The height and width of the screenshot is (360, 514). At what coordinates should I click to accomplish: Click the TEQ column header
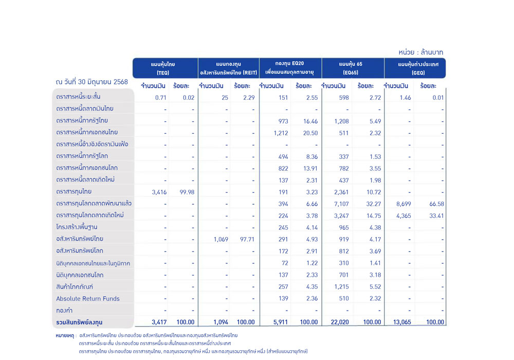(x=163, y=68)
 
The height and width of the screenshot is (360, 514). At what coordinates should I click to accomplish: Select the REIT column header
(x=229, y=68)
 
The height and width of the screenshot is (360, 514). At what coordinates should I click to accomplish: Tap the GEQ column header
(x=418, y=68)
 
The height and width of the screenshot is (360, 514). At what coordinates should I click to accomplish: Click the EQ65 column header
(x=351, y=68)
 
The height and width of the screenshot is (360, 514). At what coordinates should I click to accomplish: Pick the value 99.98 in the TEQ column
(x=187, y=192)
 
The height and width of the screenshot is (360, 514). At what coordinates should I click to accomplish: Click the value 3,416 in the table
(x=159, y=192)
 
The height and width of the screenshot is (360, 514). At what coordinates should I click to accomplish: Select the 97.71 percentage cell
(x=247, y=239)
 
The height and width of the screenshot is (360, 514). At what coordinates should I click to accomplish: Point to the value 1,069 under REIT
(x=221, y=239)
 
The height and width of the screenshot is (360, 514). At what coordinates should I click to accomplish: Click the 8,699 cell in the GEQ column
(x=403, y=204)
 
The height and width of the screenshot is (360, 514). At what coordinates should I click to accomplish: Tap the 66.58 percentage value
(x=436, y=204)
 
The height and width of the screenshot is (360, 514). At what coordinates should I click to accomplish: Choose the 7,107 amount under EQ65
(x=341, y=204)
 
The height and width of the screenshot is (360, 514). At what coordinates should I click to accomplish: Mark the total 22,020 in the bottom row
(x=340, y=322)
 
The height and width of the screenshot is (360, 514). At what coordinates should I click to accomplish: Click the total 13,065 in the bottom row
(x=402, y=322)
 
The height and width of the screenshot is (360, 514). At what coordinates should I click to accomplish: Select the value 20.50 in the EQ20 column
(x=310, y=133)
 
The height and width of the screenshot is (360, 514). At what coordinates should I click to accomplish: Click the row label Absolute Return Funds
(x=87, y=299)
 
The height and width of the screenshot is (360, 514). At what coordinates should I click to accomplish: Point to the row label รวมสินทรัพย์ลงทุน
(x=79, y=322)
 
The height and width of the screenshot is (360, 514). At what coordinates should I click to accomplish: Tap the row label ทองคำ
(x=64, y=310)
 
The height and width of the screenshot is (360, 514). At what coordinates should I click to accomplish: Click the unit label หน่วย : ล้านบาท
(x=420, y=52)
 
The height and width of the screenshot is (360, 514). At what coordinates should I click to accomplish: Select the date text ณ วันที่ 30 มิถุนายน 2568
(x=92, y=82)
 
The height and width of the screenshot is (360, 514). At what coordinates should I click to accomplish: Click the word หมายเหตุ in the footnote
(x=65, y=336)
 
